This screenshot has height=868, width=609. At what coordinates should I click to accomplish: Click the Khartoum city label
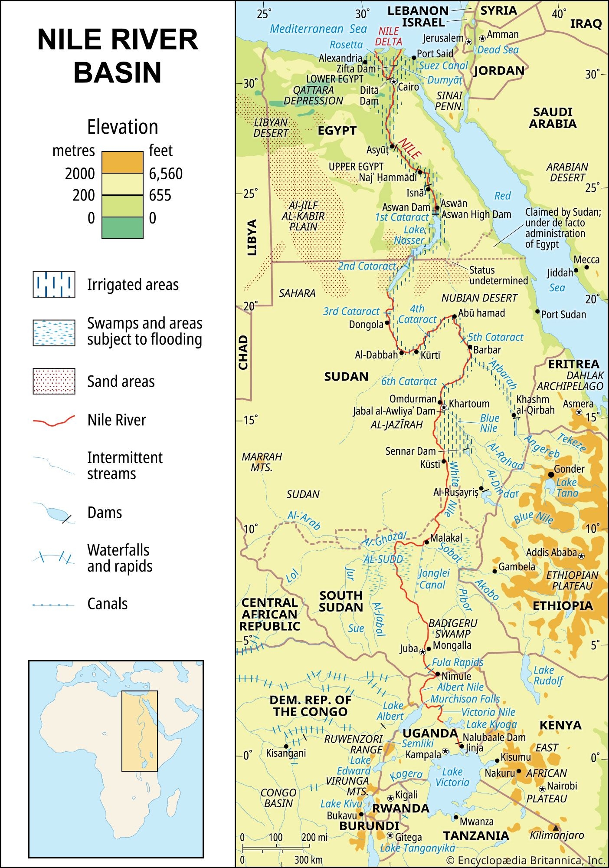469,404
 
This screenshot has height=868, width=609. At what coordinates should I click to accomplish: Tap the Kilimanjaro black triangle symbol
556,827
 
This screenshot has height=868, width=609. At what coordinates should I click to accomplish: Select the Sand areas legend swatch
54,381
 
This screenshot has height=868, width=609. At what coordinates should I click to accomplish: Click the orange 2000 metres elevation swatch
122,162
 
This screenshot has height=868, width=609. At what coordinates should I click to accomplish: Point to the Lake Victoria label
452,777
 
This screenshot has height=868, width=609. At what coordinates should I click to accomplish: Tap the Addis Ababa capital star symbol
581,556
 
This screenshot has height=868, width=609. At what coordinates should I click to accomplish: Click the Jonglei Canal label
433,579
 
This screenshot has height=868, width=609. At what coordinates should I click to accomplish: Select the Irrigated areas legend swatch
54,284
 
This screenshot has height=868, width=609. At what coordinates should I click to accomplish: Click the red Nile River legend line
54,421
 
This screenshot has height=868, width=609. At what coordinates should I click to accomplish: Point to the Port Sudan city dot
537,312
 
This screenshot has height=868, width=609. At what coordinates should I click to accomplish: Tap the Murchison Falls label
465,699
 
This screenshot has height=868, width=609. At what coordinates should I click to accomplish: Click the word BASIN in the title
117,72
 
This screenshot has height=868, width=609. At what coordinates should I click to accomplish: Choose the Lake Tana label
567,487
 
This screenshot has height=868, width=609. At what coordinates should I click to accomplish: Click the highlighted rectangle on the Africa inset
139,731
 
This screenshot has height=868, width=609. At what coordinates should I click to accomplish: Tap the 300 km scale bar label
308,859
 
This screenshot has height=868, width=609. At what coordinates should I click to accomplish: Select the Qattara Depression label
313,95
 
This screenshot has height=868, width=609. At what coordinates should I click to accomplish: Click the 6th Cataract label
409,381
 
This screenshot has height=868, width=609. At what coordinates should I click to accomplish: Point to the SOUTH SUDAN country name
341,601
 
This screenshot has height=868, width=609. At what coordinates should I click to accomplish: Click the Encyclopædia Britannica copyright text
525,860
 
